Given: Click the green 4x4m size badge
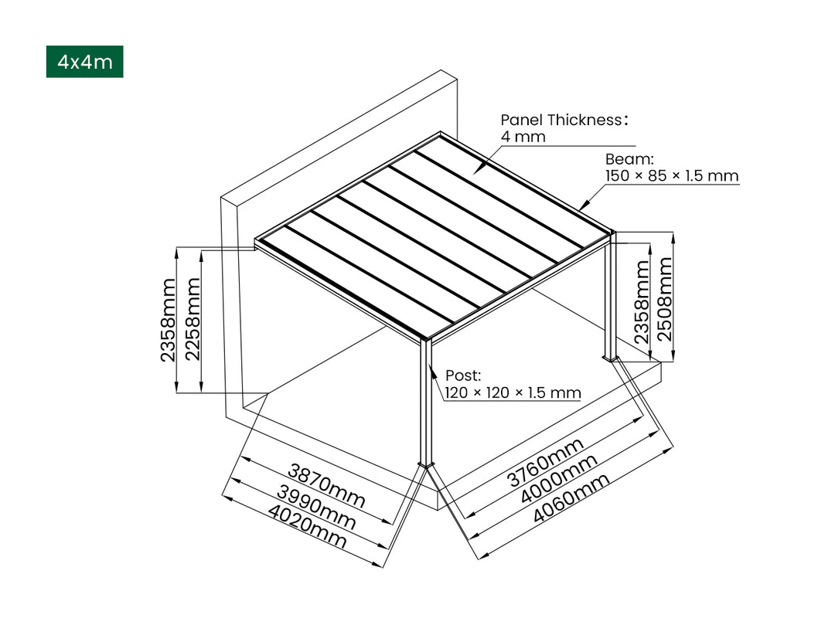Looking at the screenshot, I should click(84, 62).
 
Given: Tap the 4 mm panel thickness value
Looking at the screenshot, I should click(523, 137).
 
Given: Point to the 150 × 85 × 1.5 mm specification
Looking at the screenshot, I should click(671, 176).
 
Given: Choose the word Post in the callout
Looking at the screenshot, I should click(462, 376).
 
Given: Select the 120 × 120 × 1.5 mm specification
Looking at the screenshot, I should click(512, 393).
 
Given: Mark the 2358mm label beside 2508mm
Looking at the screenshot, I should click(642, 301).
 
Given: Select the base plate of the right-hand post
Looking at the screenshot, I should click(611, 358).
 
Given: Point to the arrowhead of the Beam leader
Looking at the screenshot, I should click(581, 209).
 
